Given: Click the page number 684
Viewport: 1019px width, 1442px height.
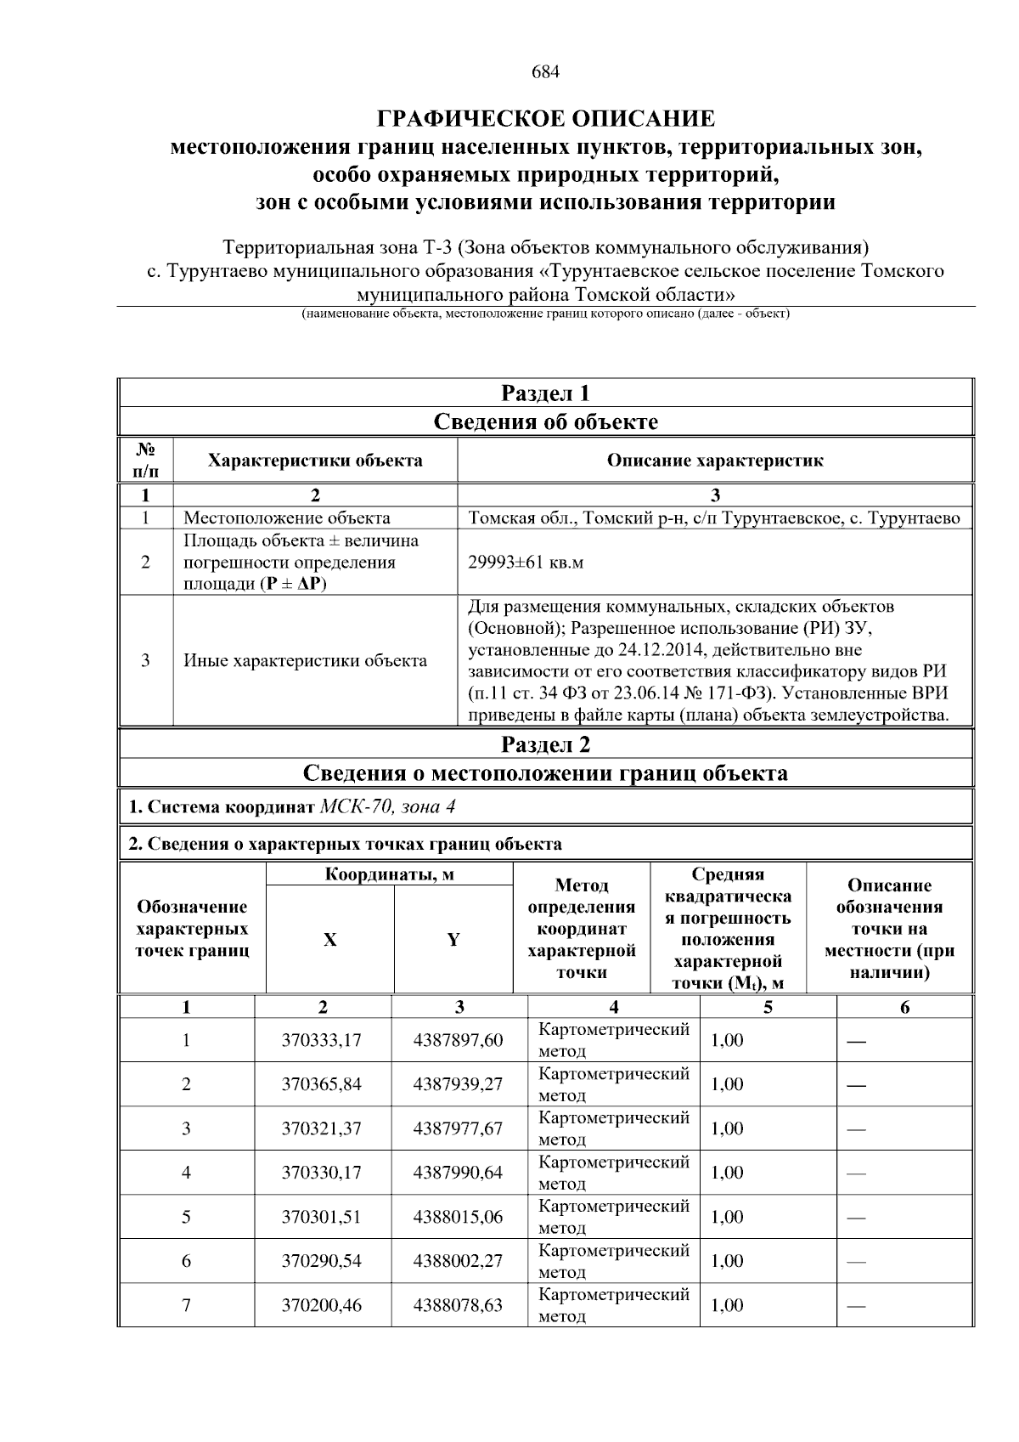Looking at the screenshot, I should [x=545, y=72].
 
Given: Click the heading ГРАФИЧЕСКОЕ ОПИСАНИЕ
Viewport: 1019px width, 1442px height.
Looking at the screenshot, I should [x=545, y=117].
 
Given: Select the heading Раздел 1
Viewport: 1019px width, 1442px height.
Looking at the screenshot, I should [x=545, y=393].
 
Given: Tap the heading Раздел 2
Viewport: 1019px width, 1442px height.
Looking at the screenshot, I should [x=545, y=744].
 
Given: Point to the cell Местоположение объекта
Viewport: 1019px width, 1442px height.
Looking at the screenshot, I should [x=287, y=517].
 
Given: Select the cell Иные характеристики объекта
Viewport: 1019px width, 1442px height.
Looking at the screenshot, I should [x=306, y=660].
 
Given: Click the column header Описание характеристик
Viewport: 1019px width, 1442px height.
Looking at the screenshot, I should [x=714, y=461].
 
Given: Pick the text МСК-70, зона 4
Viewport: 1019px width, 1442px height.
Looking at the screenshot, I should [x=387, y=806].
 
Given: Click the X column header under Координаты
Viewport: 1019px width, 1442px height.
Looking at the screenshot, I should [x=329, y=940].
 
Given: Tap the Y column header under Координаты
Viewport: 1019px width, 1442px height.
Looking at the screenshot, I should [x=453, y=940].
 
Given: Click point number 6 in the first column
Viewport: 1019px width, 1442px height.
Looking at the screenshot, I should [x=186, y=1261].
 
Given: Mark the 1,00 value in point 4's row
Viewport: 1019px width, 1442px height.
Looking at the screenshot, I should [x=727, y=1173].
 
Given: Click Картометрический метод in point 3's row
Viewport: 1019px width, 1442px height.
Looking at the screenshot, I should [x=613, y=1128].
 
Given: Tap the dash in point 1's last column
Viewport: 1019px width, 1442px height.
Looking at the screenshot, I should [x=856, y=1041].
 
